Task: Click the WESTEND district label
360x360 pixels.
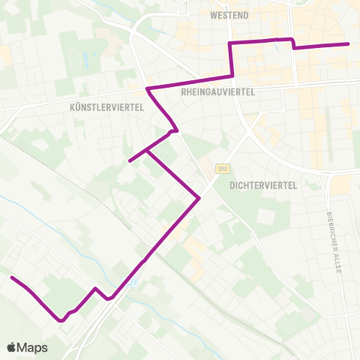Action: pos(229,15)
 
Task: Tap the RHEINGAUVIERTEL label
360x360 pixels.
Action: pos(219,91)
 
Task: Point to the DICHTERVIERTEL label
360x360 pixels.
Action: pos(265,184)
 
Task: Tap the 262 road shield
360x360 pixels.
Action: pos(220,168)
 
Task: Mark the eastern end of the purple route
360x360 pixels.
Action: pos(349,44)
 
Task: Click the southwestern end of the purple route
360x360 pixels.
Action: pos(11,278)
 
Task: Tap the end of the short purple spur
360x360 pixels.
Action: pos(130,160)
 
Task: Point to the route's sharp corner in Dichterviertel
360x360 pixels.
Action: pos(199,198)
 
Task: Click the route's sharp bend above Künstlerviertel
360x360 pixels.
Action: pos(148,90)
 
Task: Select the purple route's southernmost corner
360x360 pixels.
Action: pos(61,321)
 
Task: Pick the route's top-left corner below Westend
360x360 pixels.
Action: pos(230,43)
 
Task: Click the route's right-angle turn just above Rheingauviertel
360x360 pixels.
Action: pos(233,76)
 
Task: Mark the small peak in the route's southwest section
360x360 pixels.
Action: pos(94,288)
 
